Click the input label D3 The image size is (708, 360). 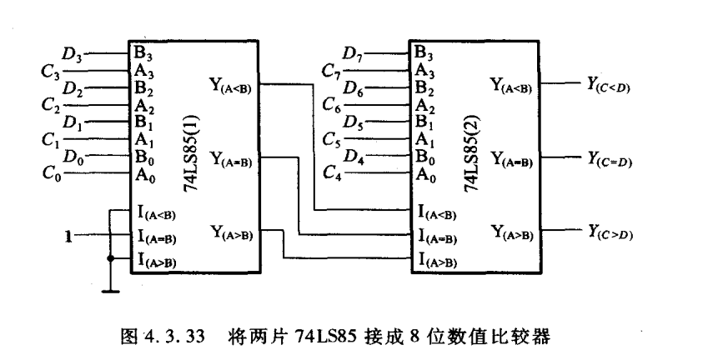[73, 55]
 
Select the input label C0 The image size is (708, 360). [52, 173]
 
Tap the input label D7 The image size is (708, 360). [353, 55]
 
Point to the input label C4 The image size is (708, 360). [333, 173]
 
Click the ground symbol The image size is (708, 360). [111, 292]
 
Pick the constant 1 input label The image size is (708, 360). [68, 236]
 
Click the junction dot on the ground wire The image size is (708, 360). [110, 258]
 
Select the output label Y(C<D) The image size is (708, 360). [608, 85]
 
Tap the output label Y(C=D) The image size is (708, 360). [609, 159]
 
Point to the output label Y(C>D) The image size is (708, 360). [610, 232]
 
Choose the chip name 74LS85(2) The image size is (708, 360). [472, 153]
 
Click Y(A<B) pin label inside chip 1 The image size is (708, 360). [230, 86]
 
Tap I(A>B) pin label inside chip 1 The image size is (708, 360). [157, 261]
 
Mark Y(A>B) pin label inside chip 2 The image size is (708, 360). [512, 233]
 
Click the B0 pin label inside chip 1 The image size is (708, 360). [144, 158]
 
